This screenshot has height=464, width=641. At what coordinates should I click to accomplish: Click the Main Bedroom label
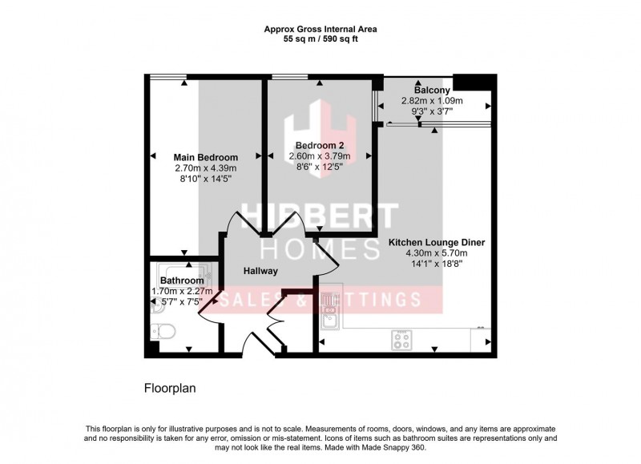click(206, 157)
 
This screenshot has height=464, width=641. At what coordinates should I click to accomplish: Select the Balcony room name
click(432, 91)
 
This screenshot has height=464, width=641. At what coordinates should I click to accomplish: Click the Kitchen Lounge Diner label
click(437, 241)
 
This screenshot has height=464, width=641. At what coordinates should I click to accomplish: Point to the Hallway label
click(261, 271)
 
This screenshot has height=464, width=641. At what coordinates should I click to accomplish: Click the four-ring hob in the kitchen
click(401, 339)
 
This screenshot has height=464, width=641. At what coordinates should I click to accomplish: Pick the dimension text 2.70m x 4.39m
click(206, 168)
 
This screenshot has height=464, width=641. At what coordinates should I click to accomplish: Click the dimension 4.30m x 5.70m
click(437, 252)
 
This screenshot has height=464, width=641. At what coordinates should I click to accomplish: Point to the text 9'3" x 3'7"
click(432, 112)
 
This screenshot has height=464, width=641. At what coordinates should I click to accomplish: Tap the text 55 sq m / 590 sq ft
click(320, 38)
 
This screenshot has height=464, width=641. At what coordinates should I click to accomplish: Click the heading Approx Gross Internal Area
click(320, 29)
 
